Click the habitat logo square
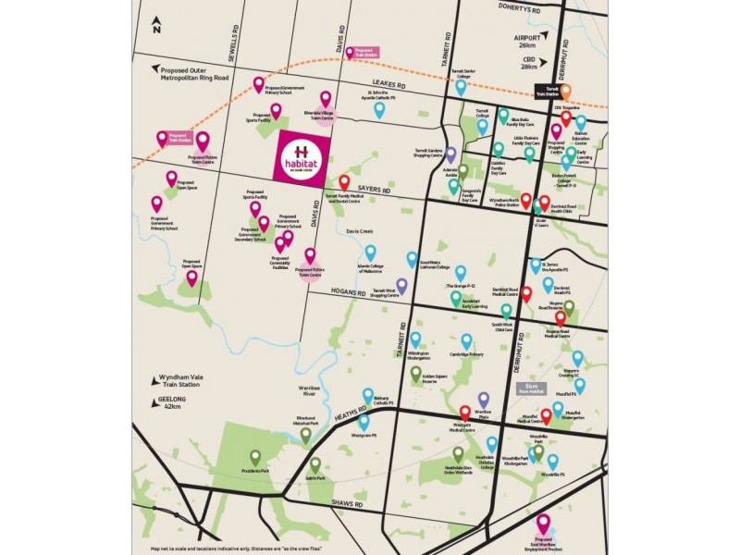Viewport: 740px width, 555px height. click(x=302, y=156)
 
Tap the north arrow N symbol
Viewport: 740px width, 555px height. click(x=157, y=25)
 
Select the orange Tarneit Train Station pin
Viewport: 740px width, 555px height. click(x=566, y=91)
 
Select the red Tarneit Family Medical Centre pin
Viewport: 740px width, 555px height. click(x=344, y=182)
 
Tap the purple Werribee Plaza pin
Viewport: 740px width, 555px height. click(x=483, y=399)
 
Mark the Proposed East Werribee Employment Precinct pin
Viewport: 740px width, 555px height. click(x=544, y=524)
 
